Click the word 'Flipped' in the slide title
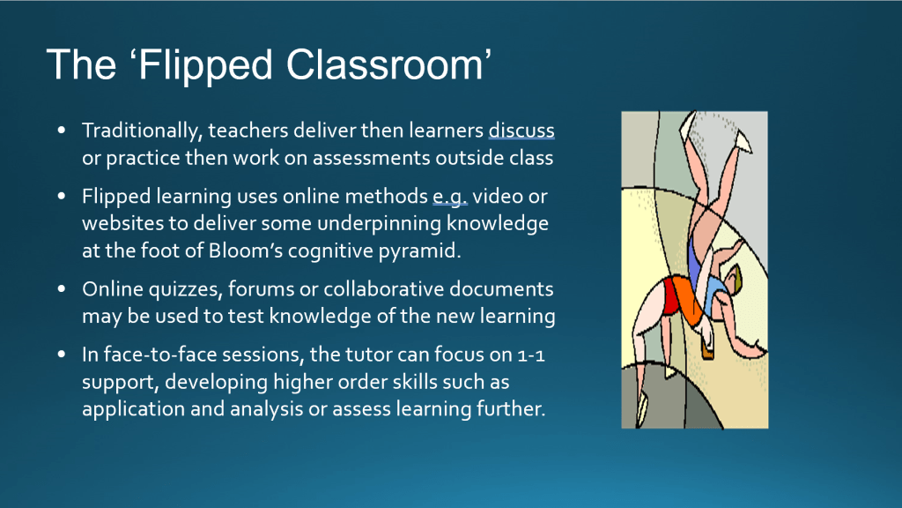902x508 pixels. [x=204, y=65]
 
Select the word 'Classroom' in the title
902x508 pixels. [x=385, y=64]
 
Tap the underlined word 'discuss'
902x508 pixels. [x=521, y=131]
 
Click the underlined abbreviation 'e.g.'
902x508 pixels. [x=450, y=197]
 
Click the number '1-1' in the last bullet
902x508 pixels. [x=531, y=355]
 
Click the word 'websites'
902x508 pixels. [x=115, y=223]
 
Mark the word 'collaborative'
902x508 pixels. [x=384, y=288]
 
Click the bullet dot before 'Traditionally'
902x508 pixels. [x=62, y=131]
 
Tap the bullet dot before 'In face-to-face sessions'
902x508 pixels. [x=62, y=355]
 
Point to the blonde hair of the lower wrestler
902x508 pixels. [x=736, y=278]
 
